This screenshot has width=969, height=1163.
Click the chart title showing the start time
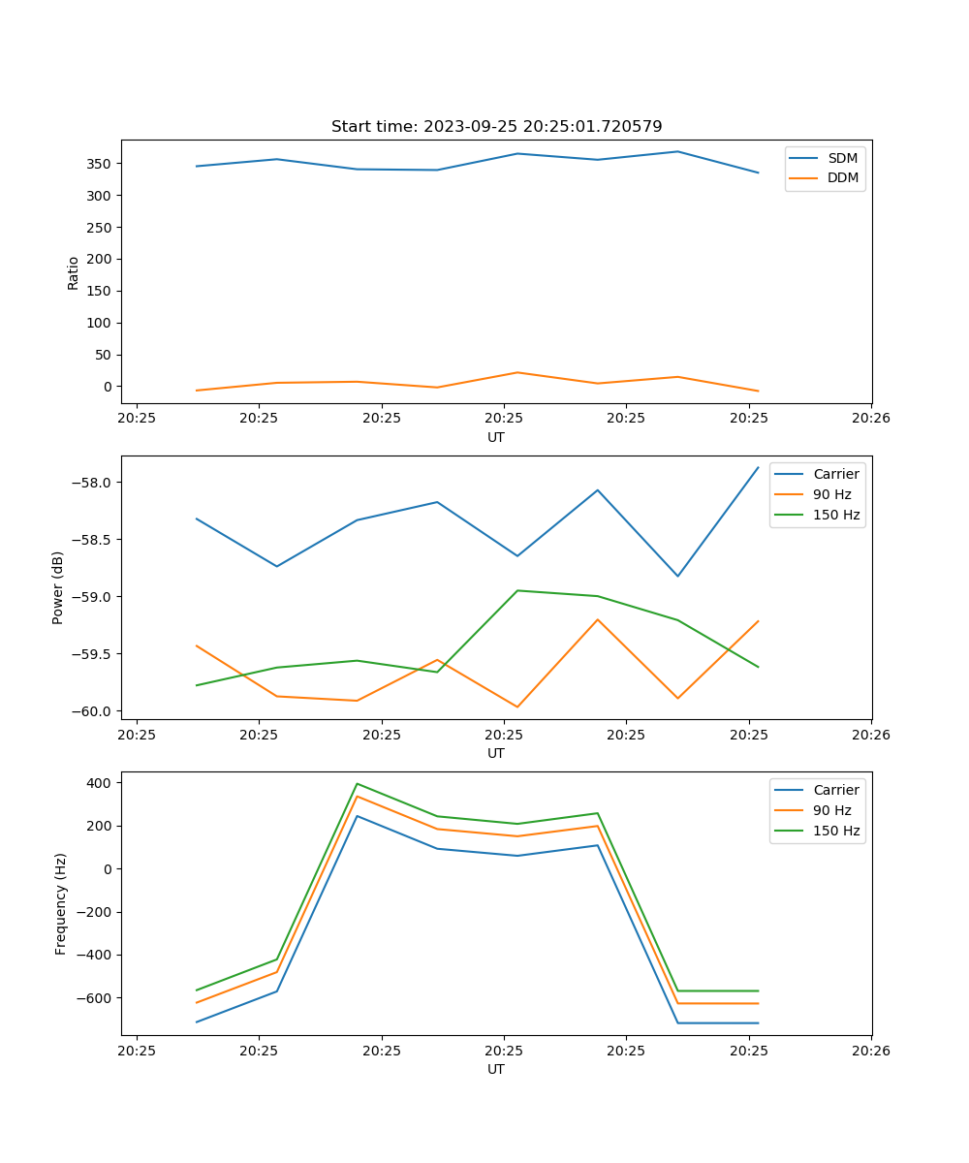(x=496, y=127)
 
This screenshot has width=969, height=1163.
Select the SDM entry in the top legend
(x=842, y=158)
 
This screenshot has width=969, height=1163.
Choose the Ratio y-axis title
(x=74, y=272)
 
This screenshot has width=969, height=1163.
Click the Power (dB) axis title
(x=58, y=587)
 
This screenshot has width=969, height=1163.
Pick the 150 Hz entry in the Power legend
(x=836, y=515)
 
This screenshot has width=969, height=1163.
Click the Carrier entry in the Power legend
(x=835, y=474)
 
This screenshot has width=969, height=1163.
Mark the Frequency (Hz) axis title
(x=61, y=903)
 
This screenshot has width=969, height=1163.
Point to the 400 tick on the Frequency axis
(x=104, y=782)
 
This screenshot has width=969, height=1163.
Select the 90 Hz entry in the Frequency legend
(x=831, y=810)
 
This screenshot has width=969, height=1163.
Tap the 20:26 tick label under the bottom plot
(x=870, y=1051)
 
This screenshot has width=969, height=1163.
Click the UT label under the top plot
(x=496, y=437)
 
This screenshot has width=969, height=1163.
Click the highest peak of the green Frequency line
(x=358, y=783)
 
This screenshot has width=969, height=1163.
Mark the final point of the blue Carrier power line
(x=758, y=467)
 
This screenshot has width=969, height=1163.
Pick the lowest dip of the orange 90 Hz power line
(x=517, y=707)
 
